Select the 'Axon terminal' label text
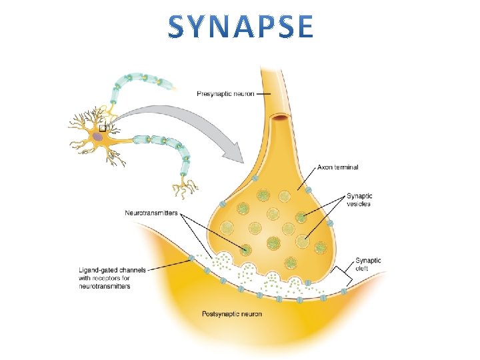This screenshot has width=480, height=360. click(x=338, y=167)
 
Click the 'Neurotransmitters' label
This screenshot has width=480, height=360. click(x=151, y=213)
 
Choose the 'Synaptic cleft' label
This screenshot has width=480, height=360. click(x=368, y=265)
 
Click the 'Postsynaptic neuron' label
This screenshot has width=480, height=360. click(x=231, y=313)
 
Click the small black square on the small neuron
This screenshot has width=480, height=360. click(x=103, y=127)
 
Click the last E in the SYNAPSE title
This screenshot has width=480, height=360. click(x=302, y=27)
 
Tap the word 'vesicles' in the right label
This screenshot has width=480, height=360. click(x=359, y=203)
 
